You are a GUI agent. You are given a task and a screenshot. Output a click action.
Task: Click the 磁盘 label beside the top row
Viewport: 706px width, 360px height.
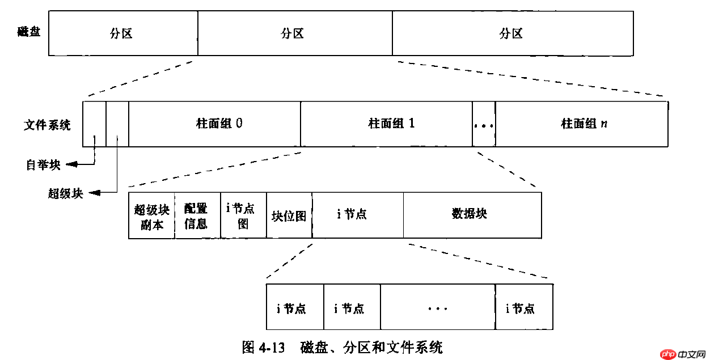28,31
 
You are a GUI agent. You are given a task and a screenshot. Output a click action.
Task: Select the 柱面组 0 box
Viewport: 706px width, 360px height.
214,124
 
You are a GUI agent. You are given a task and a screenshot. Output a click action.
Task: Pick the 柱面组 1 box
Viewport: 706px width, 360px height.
386,124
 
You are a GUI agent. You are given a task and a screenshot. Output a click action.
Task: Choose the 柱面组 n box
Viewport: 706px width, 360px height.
581,124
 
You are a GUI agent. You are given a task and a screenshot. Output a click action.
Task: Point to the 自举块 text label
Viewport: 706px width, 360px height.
43,165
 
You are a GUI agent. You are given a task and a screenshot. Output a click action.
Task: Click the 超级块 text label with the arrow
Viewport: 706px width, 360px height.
65,193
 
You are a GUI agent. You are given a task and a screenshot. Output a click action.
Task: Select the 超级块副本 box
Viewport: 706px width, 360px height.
151,215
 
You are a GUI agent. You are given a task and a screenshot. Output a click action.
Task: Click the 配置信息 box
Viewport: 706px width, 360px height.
197,215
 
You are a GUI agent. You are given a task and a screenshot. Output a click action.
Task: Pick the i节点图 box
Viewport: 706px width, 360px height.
243,215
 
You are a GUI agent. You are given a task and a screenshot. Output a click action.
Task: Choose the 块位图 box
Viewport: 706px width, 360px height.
289,215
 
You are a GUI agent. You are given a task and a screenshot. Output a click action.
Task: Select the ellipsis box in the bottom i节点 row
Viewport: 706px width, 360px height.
438,307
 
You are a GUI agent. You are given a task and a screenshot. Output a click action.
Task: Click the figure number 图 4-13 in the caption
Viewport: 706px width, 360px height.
263,347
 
